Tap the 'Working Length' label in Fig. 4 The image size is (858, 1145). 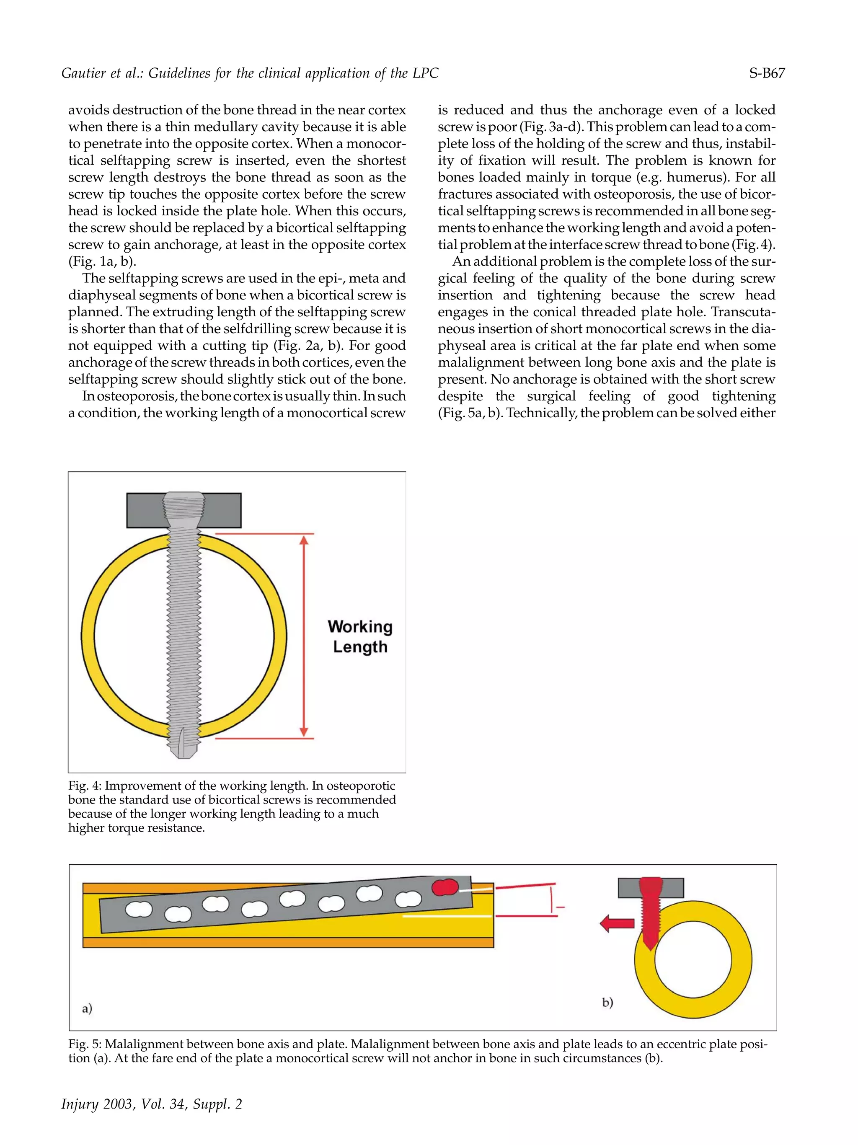pyautogui.click(x=359, y=637)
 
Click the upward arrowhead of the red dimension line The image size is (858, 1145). pyautogui.click(x=304, y=541)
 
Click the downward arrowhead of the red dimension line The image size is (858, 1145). pyautogui.click(x=304, y=731)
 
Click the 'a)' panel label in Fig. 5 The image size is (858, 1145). pyautogui.click(x=87, y=1008)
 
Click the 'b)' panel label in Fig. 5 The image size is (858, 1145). pyautogui.click(x=607, y=1003)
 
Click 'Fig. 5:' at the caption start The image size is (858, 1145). pyautogui.click(x=85, y=1044)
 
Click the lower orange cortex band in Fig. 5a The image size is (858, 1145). pyautogui.click(x=288, y=943)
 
